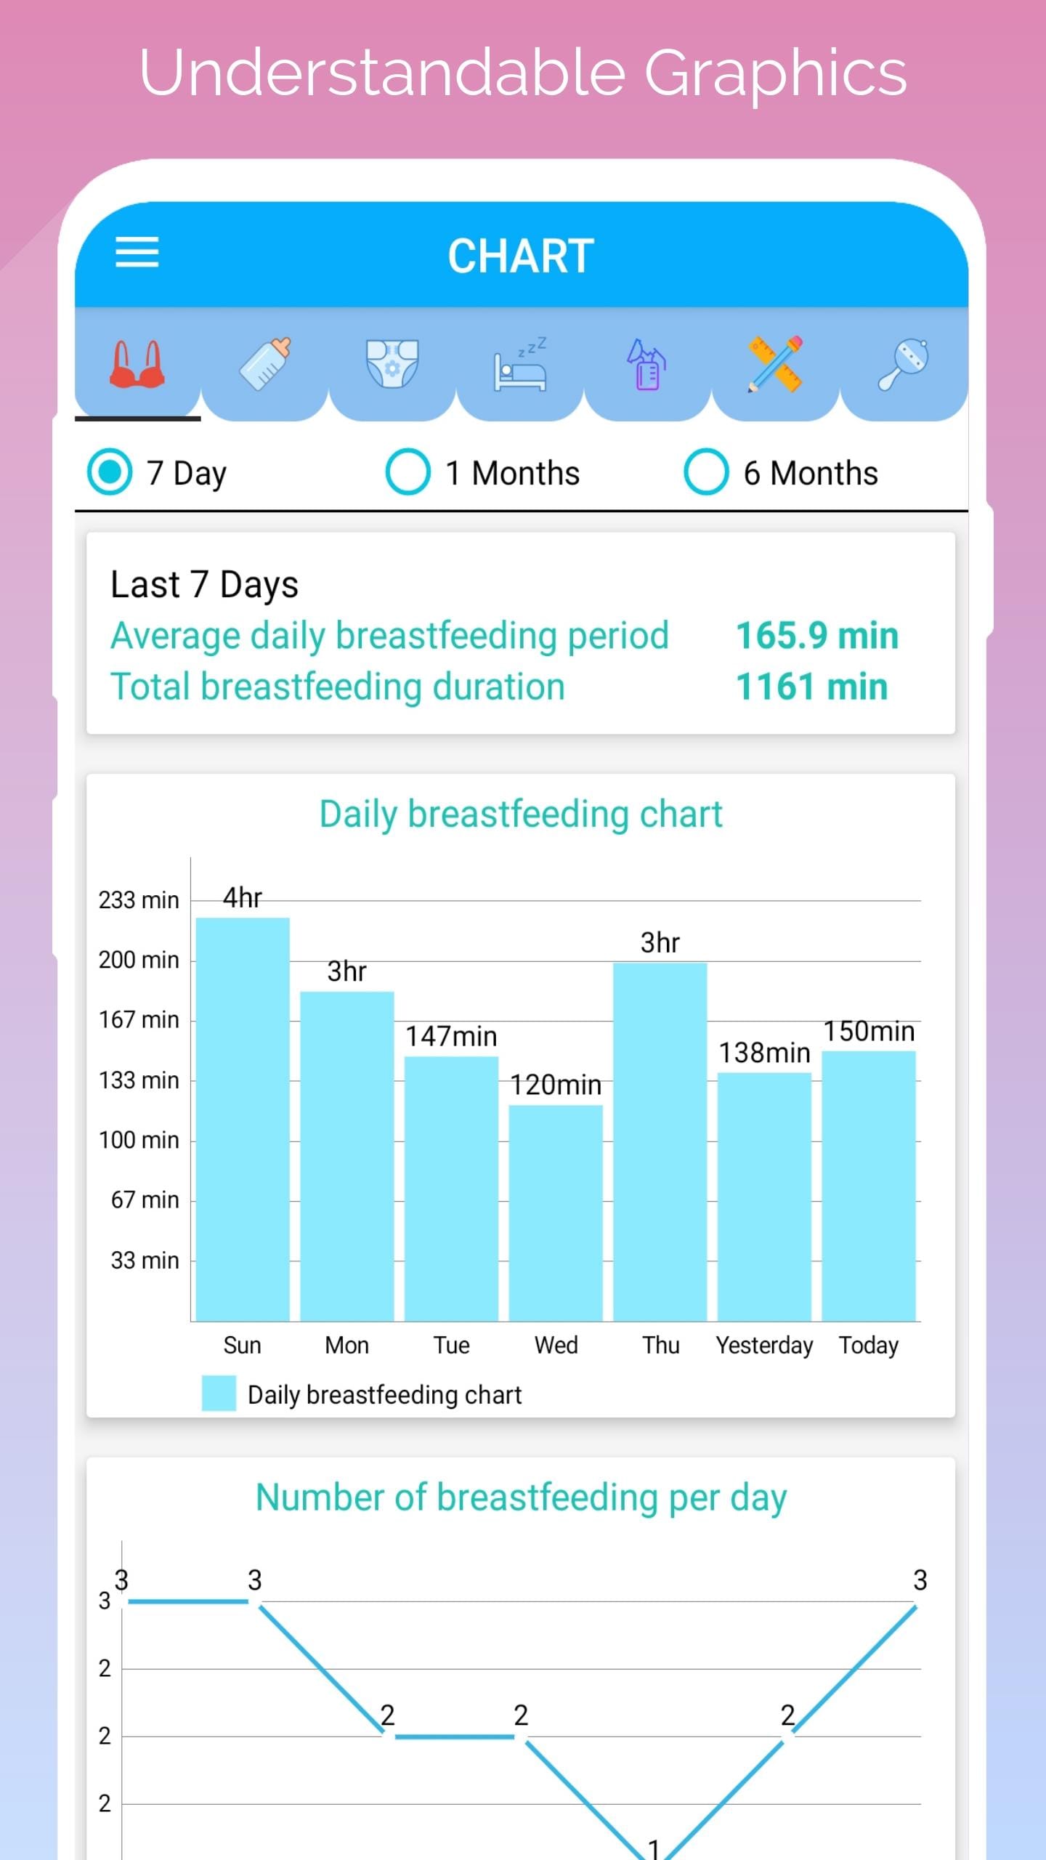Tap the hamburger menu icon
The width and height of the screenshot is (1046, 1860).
pyautogui.click(x=137, y=252)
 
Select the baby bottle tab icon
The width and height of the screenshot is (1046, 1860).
pyautogui.click(x=265, y=363)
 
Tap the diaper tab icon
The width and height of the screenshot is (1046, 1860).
pyautogui.click(x=392, y=363)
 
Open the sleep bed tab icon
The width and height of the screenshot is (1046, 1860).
pyautogui.click(x=520, y=363)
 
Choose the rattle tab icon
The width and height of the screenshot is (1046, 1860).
pyautogui.click(x=903, y=363)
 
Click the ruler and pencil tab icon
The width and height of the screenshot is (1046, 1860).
pyautogui.click(x=775, y=363)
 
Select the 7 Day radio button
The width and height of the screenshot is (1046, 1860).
pyautogui.click(x=110, y=472)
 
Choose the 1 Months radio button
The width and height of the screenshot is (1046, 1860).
pyautogui.click(x=408, y=472)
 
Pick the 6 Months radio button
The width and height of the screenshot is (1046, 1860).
pyautogui.click(x=706, y=472)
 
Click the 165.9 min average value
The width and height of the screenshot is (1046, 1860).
pyautogui.click(x=817, y=636)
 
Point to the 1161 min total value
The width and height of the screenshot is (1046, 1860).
pyautogui.click(x=811, y=687)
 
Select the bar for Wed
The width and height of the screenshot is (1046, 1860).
pyautogui.click(x=556, y=1213)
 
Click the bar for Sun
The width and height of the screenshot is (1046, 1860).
pyautogui.click(x=243, y=1119)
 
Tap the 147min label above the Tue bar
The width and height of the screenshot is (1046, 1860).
pyautogui.click(x=451, y=1036)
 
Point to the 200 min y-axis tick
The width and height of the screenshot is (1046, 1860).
pyautogui.click(x=139, y=960)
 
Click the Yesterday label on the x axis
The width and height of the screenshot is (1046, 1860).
pyautogui.click(x=764, y=1345)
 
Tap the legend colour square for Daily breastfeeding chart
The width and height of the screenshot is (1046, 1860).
pyautogui.click(x=219, y=1393)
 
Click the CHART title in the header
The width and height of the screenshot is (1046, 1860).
pyautogui.click(x=521, y=256)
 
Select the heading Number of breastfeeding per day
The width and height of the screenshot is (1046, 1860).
pyautogui.click(x=521, y=1497)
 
